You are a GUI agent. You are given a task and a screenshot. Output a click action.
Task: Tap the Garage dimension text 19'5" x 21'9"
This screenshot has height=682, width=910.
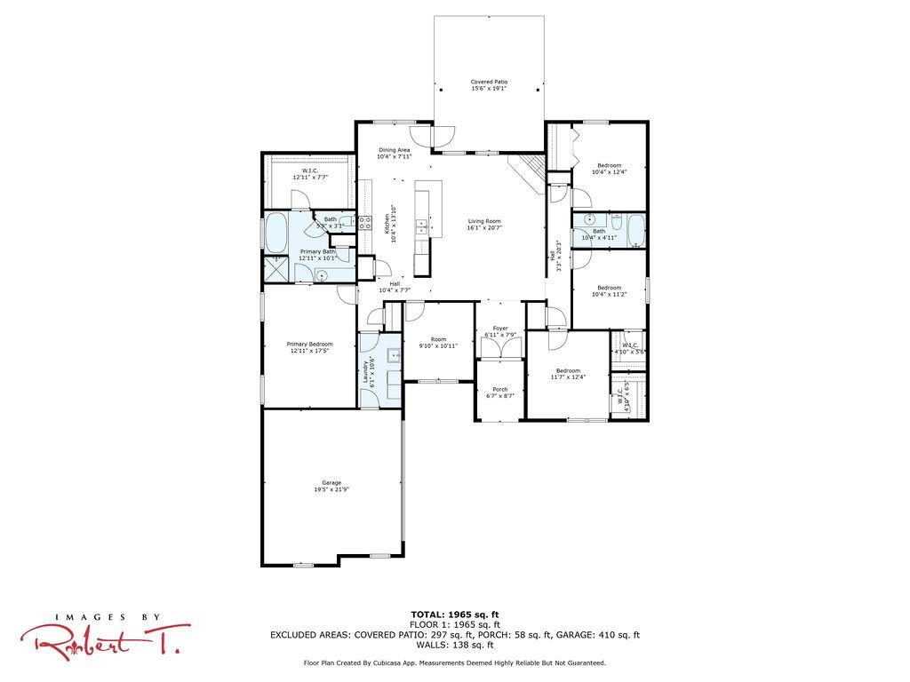click(331, 489)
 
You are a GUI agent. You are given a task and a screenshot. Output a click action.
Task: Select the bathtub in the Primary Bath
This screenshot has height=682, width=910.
click(276, 232)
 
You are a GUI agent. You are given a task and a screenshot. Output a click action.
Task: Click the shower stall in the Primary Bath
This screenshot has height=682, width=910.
click(275, 269)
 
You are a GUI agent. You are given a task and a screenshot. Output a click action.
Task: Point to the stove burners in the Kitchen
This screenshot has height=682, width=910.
click(364, 222)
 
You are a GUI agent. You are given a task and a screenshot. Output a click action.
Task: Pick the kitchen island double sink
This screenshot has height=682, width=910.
click(420, 225)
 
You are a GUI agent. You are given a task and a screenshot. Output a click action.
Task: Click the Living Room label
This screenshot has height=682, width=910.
click(485, 221)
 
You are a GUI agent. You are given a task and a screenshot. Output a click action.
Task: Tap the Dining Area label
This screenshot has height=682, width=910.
click(394, 150)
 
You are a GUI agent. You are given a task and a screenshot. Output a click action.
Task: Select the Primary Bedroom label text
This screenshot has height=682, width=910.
click(309, 345)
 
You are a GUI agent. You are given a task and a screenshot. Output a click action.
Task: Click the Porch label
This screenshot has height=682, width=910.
click(500, 389)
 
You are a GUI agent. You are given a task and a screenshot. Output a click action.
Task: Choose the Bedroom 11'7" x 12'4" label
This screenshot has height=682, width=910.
click(568, 370)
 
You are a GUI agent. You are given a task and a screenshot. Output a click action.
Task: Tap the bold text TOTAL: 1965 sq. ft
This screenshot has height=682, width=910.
click(454, 615)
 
